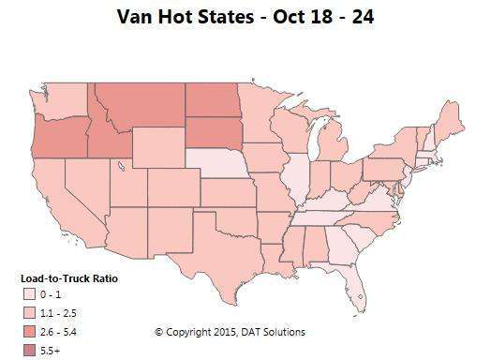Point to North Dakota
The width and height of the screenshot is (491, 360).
213,98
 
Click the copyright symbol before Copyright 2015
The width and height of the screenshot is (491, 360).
158,332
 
